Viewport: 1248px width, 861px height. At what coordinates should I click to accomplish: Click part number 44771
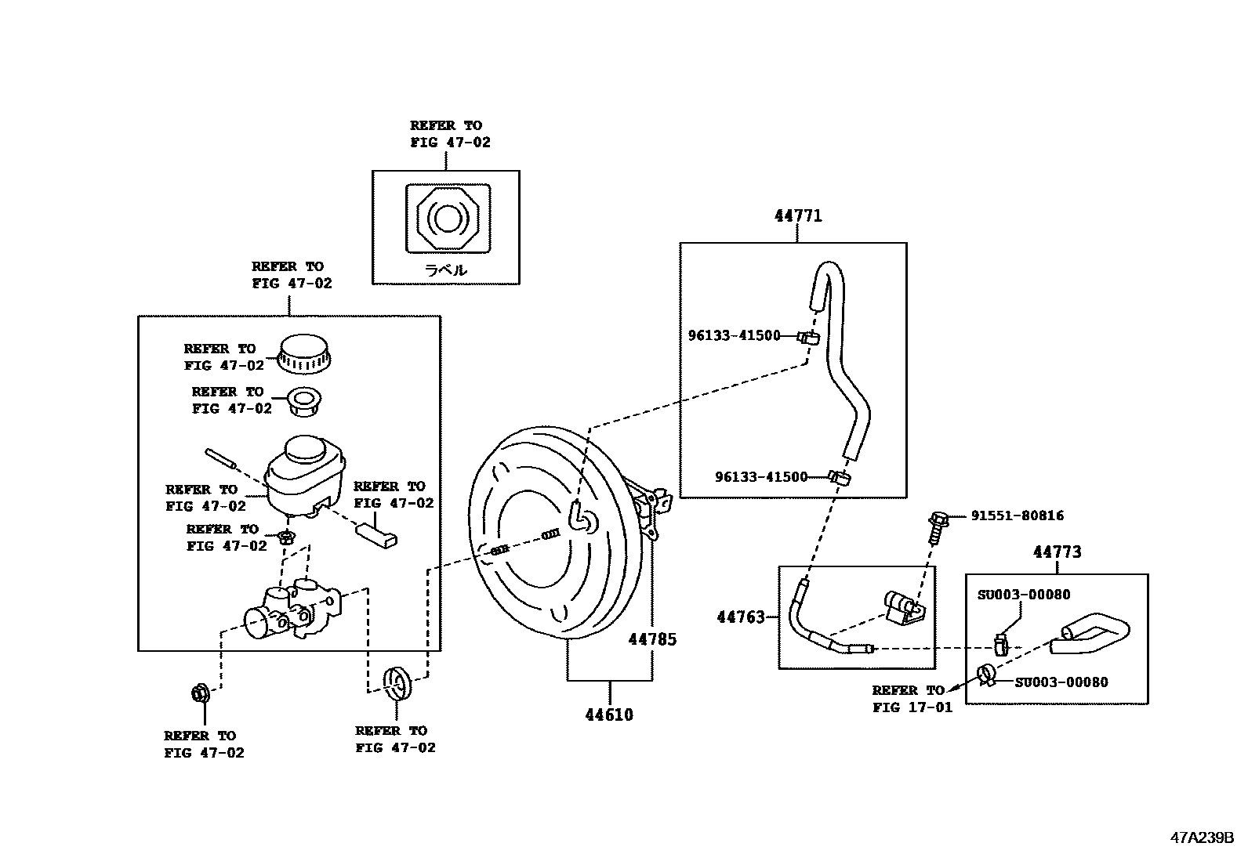[x=798, y=215]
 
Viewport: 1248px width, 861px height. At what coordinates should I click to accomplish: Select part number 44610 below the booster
[x=608, y=714]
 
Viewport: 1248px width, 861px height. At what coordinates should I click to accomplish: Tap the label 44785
[x=651, y=639]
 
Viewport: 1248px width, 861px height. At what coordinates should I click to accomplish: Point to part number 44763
[x=740, y=617]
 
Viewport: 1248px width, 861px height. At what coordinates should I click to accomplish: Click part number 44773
[x=1057, y=552]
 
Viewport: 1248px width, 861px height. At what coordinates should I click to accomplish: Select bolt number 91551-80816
[x=1017, y=516]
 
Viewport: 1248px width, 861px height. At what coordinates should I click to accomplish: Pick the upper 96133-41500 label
[x=734, y=335]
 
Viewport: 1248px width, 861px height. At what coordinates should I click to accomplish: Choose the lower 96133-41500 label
[x=760, y=476]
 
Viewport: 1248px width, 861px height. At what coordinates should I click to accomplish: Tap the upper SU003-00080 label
[x=1023, y=595]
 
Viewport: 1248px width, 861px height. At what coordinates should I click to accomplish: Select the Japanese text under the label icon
[x=445, y=270]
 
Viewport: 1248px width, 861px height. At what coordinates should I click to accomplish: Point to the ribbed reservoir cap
[x=304, y=353]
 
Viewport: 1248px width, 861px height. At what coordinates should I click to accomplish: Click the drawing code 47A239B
[x=1202, y=836]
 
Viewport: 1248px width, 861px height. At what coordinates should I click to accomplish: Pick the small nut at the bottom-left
[x=201, y=693]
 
